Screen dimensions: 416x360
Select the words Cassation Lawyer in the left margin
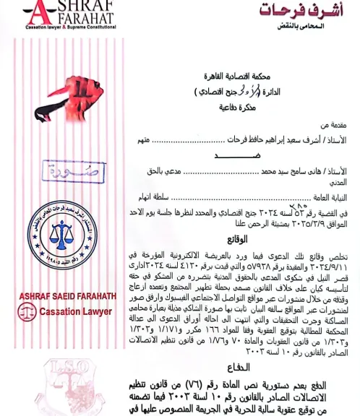coord(77,311)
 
